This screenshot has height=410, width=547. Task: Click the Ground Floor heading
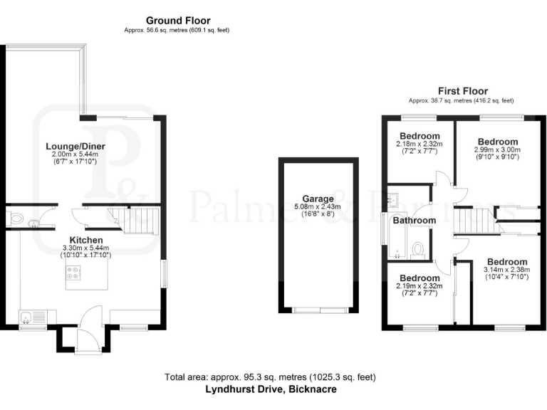click(x=178, y=20)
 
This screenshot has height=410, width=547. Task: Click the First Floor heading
click(x=462, y=91)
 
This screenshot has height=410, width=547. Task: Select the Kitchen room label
click(x=86, y=240)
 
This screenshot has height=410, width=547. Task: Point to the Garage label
click(x=317, y=199)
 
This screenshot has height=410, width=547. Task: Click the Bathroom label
click(x=415, y=221)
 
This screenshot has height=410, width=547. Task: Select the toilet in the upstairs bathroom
click(x=420, y=248)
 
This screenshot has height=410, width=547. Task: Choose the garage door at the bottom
click(x=320, y=310)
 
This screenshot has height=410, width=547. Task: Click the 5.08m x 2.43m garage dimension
click(x=317, y=207)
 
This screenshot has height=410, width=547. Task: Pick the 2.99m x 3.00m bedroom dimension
click(x=497, y=150)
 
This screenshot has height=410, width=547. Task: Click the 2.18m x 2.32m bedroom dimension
click(x=420, y=144)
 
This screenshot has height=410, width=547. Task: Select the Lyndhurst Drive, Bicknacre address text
click(x=271, y=389)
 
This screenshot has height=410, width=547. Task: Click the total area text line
click(x=271, y=377)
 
